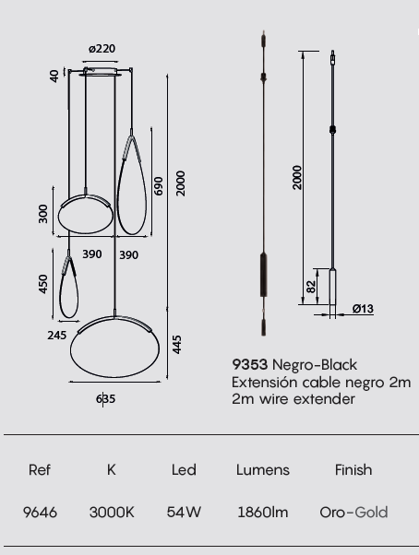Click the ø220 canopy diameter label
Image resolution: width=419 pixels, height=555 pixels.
[102, 49]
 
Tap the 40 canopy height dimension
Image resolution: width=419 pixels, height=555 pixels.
[54, 77]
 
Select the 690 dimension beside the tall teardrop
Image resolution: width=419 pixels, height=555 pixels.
[159, 186]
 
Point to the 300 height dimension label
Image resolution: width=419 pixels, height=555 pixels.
[42, 214]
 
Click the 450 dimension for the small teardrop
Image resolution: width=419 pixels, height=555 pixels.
[42, 284]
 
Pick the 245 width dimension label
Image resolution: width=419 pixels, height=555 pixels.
[56, 336]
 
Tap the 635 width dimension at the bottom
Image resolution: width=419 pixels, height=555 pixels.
[105, 399]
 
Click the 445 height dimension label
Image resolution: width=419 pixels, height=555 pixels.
[176, 345]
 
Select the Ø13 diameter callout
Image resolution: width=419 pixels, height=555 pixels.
[363, 309]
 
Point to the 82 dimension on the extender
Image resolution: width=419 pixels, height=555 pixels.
[310, 287]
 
